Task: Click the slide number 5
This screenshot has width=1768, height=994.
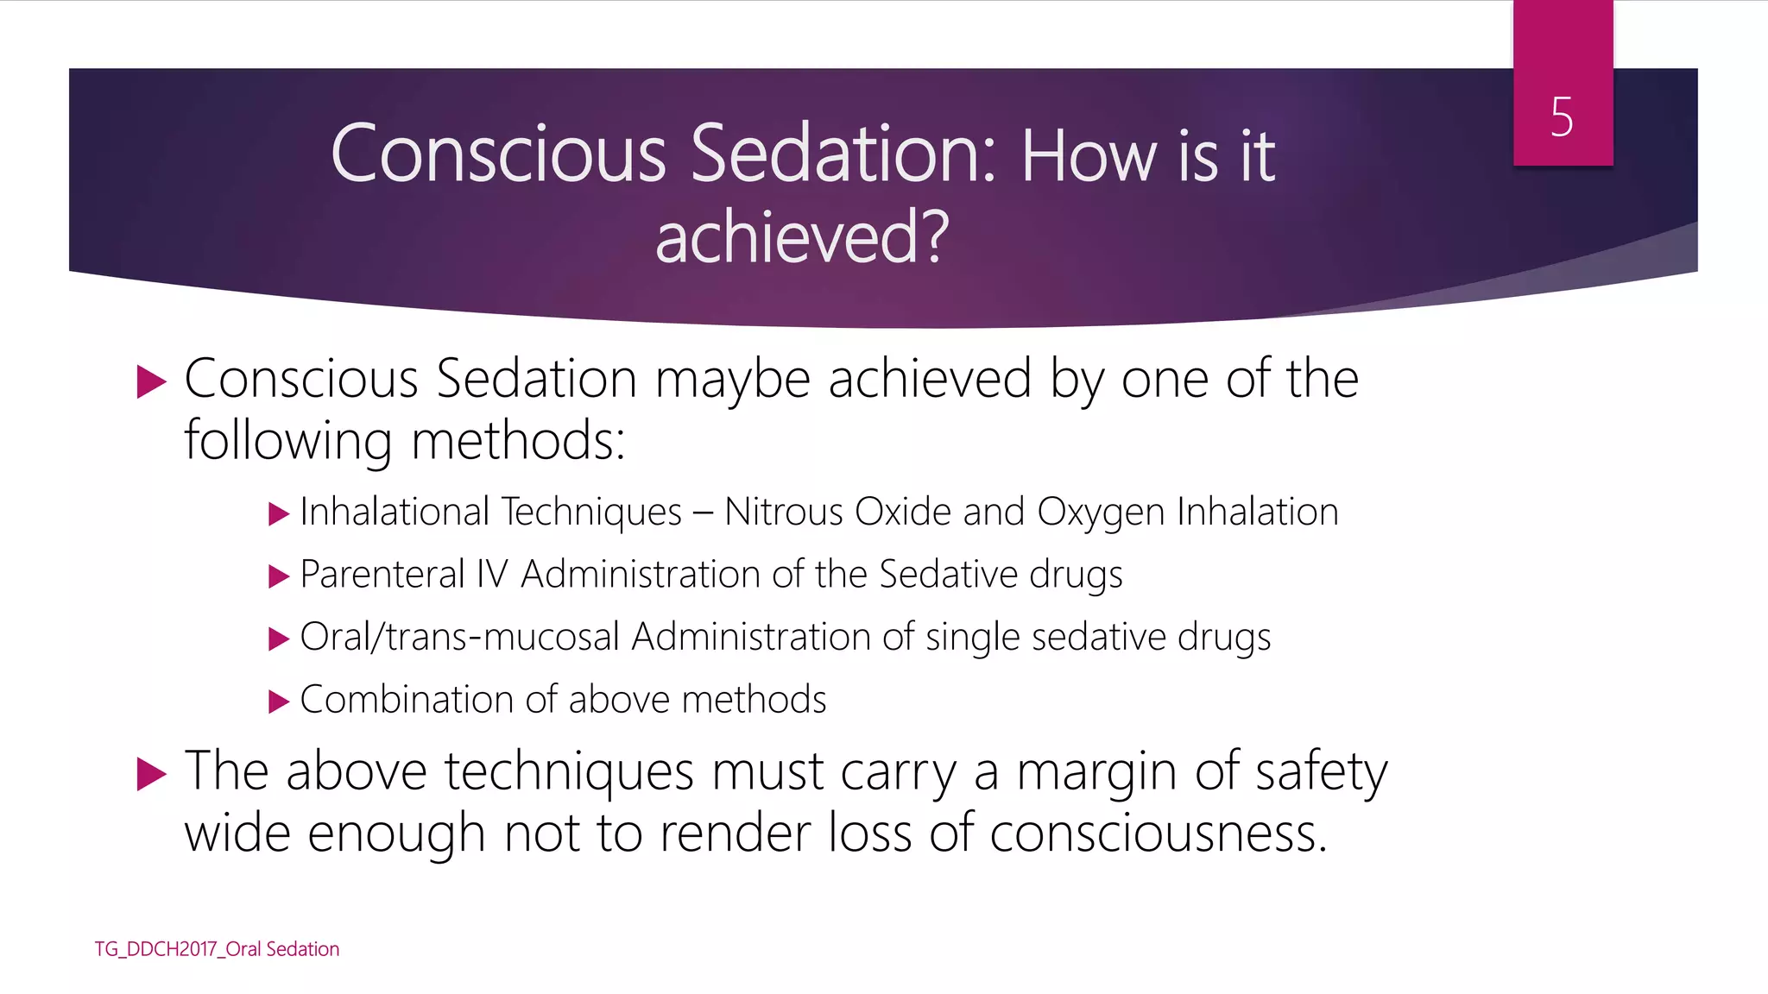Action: click(1562, 117)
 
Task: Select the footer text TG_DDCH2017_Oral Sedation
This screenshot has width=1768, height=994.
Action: click(217, 949)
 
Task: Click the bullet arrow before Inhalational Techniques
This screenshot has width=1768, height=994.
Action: click(278, 515)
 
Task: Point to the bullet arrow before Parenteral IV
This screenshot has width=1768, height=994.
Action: click(278, 576)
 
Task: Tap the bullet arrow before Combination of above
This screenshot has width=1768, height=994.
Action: click(278, 701)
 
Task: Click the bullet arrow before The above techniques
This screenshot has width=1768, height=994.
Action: click(151, 774)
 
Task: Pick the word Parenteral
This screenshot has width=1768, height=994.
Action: click(382, 575)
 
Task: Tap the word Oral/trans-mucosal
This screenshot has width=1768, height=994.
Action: click(459, 638)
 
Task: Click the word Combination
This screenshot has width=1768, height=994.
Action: click(407, 700)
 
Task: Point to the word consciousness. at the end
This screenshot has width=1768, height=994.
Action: click(1158, 834)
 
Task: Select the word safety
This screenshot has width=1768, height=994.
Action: click(1321, 771)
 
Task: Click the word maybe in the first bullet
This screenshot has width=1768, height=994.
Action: click(732, 380)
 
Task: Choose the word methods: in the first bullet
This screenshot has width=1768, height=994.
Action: click(518, 441)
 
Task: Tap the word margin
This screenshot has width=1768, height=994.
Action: click(1096, 771)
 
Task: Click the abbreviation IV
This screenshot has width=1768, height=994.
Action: click(492, 575)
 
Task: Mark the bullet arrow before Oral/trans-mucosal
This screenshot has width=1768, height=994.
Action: click(278, 639)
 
